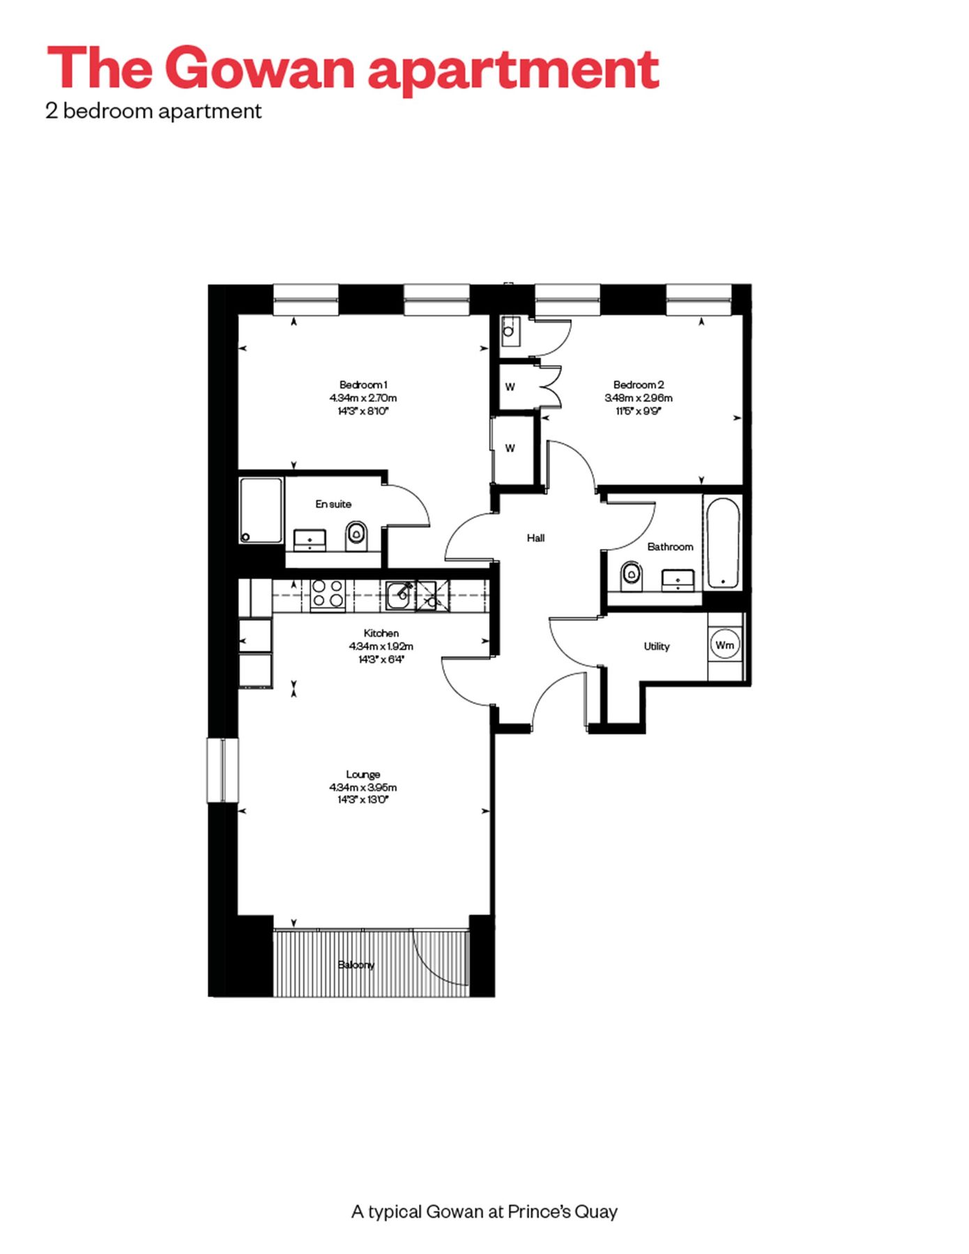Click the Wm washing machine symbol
coord(724,645)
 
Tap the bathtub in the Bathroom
coord(722,543)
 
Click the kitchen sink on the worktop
coord(399,594)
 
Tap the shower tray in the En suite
coord(261,510)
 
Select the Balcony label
coord(356,965)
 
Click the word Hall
coord(535,538)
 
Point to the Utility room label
coord(656,647)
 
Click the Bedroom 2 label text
coord(639,385)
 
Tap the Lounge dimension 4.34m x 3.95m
coord(363,787)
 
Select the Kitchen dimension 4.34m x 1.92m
coord(381,647)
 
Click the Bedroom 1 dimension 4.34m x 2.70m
coord(363,398)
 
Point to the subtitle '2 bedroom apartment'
coord(153,111)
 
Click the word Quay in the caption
coord(597,1212)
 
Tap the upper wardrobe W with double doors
coord(511,387)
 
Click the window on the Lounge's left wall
coord(222,770)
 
